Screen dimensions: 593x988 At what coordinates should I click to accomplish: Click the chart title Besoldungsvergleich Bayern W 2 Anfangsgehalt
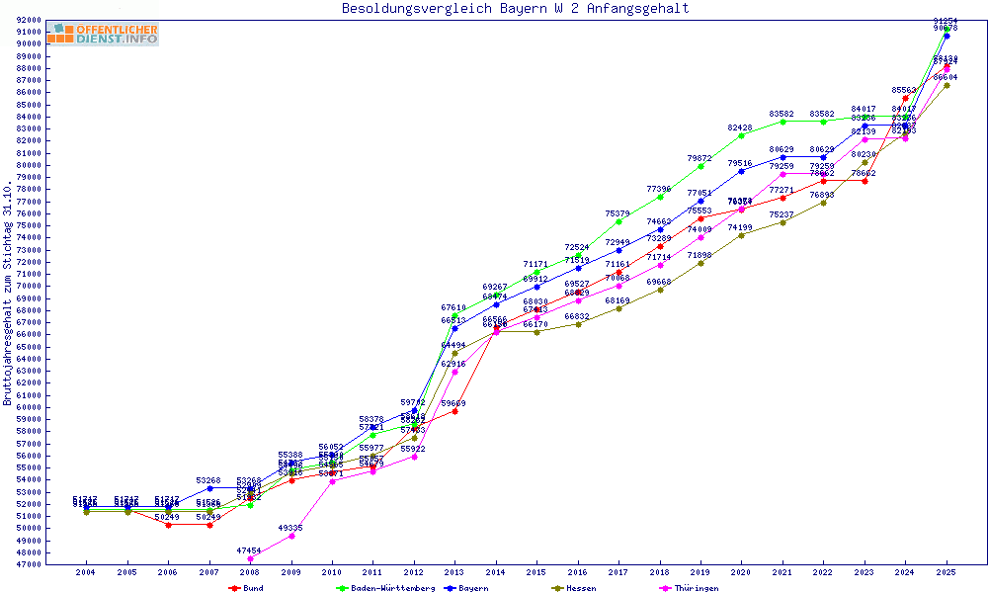[515, 9]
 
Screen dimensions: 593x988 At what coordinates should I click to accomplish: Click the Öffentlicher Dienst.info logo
[103, 34]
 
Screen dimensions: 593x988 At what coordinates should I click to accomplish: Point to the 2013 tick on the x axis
[455, 572]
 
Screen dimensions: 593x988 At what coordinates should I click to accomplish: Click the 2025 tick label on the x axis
[947, 572]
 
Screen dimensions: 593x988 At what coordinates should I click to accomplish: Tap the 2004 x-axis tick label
[86, 572]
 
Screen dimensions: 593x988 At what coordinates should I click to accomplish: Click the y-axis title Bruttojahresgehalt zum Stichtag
[8, 294]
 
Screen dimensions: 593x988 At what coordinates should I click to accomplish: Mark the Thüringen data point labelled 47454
[250, 558]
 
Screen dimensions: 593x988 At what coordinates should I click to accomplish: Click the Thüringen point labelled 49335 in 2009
[291, 536]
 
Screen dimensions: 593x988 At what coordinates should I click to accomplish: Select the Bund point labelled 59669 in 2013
[455, 411]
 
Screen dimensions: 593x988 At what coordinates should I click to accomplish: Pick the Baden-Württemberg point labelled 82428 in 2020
[742, 135]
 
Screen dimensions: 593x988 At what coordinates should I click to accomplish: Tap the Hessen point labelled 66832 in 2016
[578, 324]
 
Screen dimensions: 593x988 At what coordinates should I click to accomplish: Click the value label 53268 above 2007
[208, 480]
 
